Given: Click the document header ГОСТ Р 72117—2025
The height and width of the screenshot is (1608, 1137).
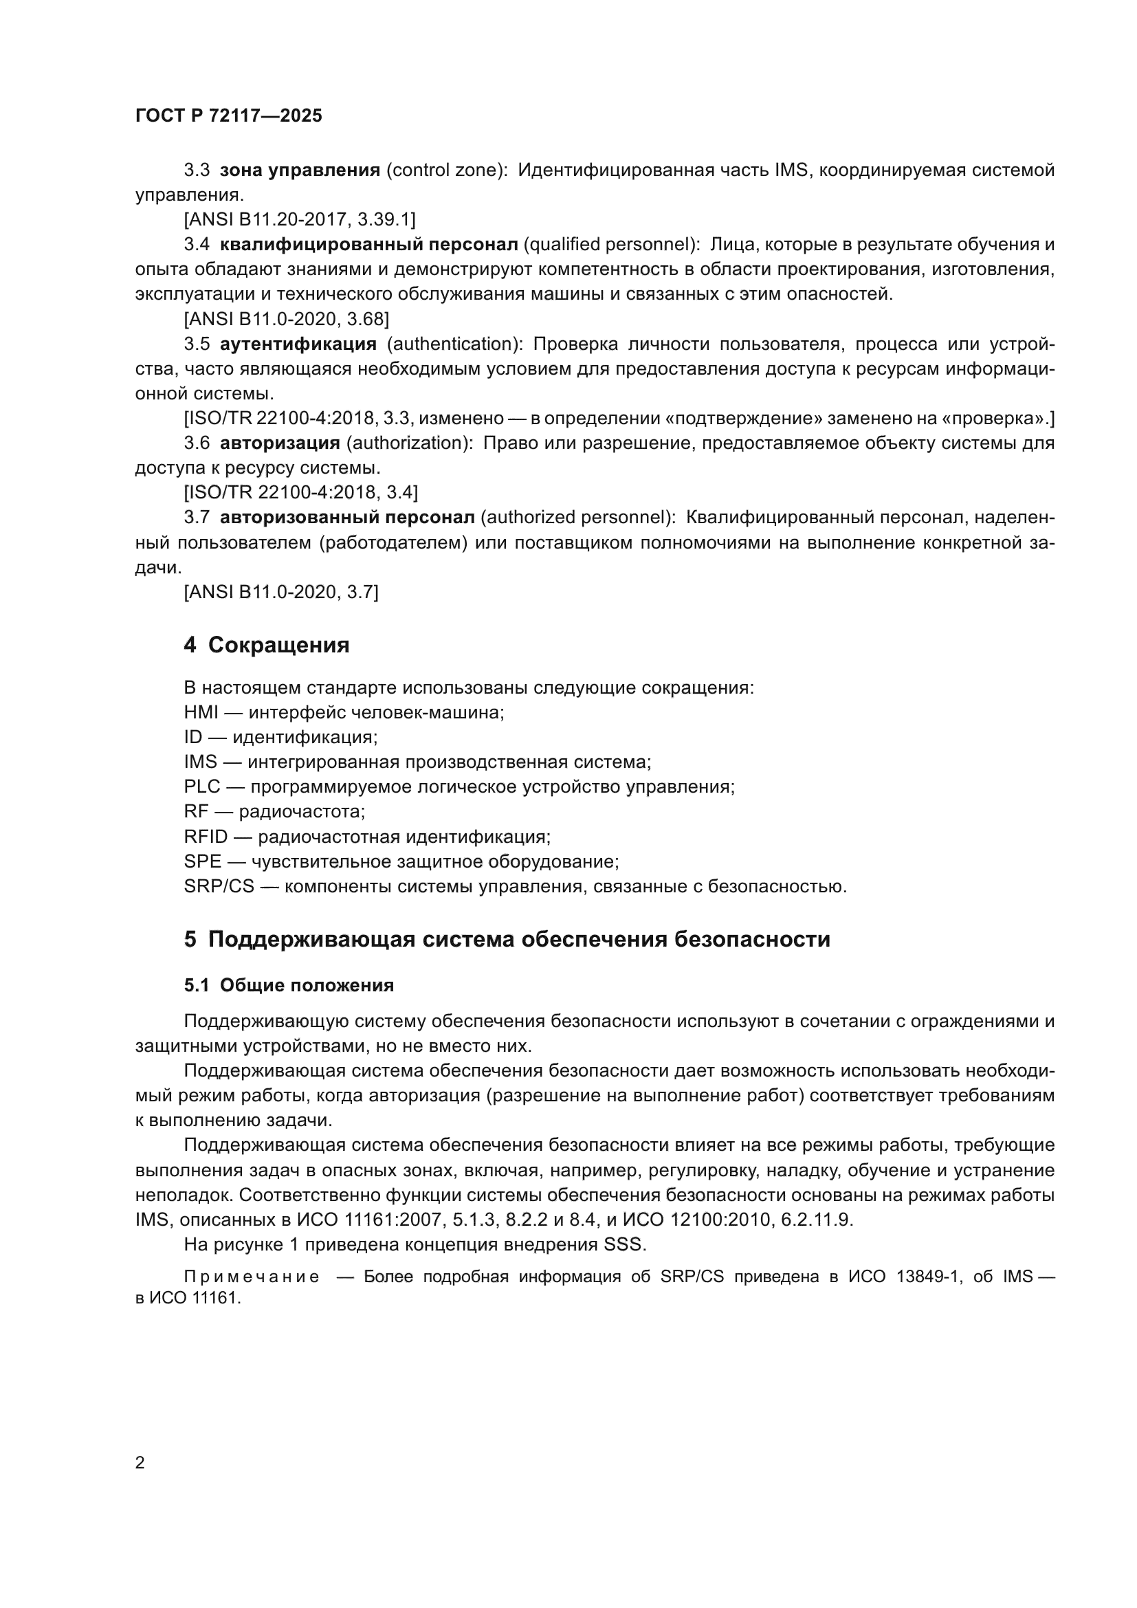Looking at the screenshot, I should (228, 115).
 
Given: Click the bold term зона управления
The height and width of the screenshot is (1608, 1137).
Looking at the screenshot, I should (300, 170).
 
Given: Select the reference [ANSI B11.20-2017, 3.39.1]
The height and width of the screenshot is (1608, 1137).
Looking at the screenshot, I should (299, 220).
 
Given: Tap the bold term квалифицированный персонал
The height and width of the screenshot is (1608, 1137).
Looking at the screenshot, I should (368, 245).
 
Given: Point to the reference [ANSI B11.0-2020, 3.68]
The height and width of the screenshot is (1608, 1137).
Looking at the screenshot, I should (286, 320).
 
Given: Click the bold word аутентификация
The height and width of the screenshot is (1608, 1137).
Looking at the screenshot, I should (298, 344).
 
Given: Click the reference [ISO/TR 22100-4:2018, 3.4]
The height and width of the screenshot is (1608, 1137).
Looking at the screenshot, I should (300, 493).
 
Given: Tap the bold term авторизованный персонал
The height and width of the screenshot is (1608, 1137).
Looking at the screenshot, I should (346, 518).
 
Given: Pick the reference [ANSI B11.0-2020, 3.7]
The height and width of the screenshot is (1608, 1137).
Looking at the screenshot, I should (280, 593).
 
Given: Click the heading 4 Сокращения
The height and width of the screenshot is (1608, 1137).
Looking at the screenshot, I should (266, 644).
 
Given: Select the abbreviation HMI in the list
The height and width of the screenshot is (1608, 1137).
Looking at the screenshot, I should (201, 713).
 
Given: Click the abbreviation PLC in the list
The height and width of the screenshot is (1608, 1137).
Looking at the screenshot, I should (201, 787).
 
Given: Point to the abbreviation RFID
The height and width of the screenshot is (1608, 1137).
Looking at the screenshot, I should (206, 837).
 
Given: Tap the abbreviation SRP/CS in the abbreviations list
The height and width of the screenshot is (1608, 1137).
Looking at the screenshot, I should (219, 887).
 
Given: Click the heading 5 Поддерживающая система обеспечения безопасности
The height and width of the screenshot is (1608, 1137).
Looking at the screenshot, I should (507, 939).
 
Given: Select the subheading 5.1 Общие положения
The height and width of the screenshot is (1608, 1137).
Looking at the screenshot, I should (289, 985).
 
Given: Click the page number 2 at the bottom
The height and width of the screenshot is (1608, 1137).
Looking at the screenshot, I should (140, 1463).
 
